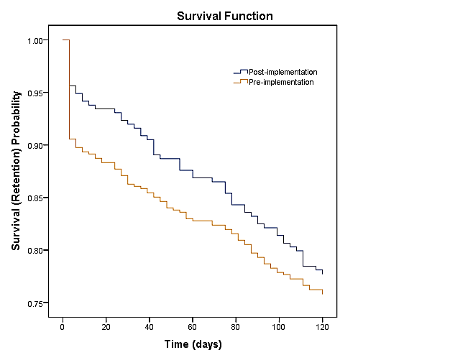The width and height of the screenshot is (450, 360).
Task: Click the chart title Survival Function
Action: point(216,15)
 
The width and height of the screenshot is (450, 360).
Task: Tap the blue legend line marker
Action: point(241,72)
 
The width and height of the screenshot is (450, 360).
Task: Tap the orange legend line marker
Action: point(241,83)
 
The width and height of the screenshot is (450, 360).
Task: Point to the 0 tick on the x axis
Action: point(63,327)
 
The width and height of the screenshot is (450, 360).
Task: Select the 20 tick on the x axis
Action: point(106,327)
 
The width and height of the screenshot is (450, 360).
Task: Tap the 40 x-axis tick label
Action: point(150,327)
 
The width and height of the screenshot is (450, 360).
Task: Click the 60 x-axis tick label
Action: point(193,327)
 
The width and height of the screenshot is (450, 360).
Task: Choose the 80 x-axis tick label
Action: point(237,327)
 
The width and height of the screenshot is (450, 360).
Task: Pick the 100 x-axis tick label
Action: point(280,327)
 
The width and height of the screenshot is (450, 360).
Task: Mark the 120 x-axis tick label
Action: point(323,327)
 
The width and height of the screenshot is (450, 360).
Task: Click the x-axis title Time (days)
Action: point(193,344)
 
